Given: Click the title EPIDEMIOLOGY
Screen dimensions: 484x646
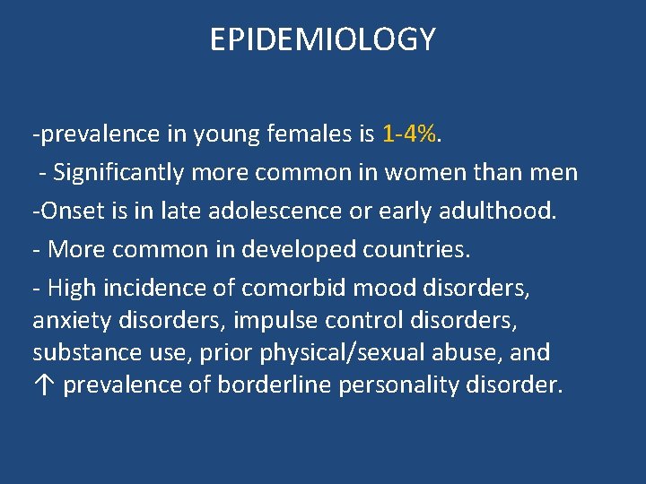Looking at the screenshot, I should (x=322, y=39).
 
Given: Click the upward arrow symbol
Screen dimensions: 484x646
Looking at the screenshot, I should (x=42, y=385).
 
